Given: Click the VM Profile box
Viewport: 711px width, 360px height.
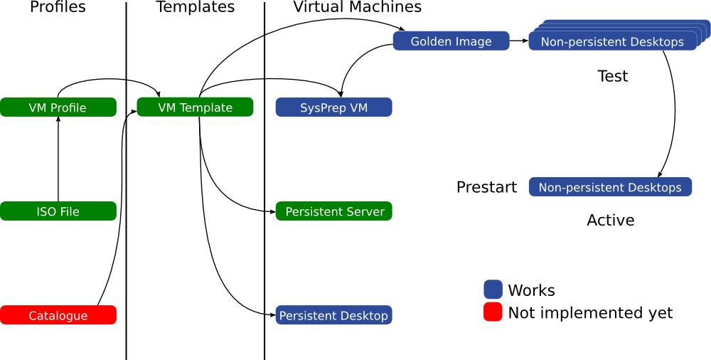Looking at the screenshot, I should tap(58, 107).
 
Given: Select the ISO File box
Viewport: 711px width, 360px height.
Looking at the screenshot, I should tap(58, 211).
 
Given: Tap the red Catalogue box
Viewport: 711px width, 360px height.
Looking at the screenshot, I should tap(58, 315).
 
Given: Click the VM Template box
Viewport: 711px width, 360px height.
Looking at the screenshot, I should tap(195, 107).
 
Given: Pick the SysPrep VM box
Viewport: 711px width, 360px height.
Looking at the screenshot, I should tap(333, 107).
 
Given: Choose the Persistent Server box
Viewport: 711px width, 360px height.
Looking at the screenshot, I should tap(333, 211).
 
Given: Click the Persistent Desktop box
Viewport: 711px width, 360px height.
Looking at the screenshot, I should tap(333, 315).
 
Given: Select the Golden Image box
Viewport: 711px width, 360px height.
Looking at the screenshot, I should tap(451, 41).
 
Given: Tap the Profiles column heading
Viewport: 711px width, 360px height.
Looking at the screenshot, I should tap(58, 8).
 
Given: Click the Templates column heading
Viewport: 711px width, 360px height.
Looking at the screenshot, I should tap(195, 8).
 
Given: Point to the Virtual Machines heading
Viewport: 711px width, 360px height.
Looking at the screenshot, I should tap(357, 8).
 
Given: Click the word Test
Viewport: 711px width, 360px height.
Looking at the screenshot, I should tap(613, 76).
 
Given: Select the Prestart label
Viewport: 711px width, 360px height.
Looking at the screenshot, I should tap(486, 188).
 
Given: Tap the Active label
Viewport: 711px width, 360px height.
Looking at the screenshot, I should tap(610, 221).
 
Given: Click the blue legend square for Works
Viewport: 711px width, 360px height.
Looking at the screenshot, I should tap(493, 290).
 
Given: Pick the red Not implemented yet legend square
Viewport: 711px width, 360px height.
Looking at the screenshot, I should tap(493, 312).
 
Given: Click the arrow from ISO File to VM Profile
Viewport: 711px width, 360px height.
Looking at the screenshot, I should tap(58, 160).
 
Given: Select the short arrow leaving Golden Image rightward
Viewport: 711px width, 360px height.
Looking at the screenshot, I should tap(518, 41).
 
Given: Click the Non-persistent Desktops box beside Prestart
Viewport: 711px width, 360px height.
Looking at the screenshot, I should tap(610, 187).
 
